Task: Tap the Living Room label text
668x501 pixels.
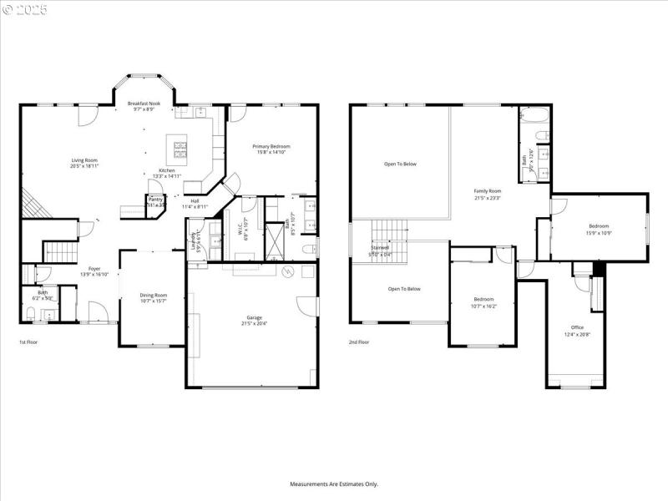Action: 83,160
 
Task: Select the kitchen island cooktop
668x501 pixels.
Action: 180,149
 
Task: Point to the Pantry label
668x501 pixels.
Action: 155,200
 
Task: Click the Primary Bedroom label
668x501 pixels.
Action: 272,146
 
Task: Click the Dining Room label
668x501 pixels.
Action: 153,295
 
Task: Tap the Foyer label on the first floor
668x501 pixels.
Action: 94,269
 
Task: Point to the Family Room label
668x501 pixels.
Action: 488,191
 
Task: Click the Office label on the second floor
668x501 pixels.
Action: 577,327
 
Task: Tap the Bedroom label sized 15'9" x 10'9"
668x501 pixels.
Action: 599,226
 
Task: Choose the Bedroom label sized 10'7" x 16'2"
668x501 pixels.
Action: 484,299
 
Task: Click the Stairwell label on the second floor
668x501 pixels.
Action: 381,248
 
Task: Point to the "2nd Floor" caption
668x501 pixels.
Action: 359,342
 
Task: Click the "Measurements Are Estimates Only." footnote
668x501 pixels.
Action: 334,483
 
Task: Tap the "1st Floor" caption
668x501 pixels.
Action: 28,342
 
